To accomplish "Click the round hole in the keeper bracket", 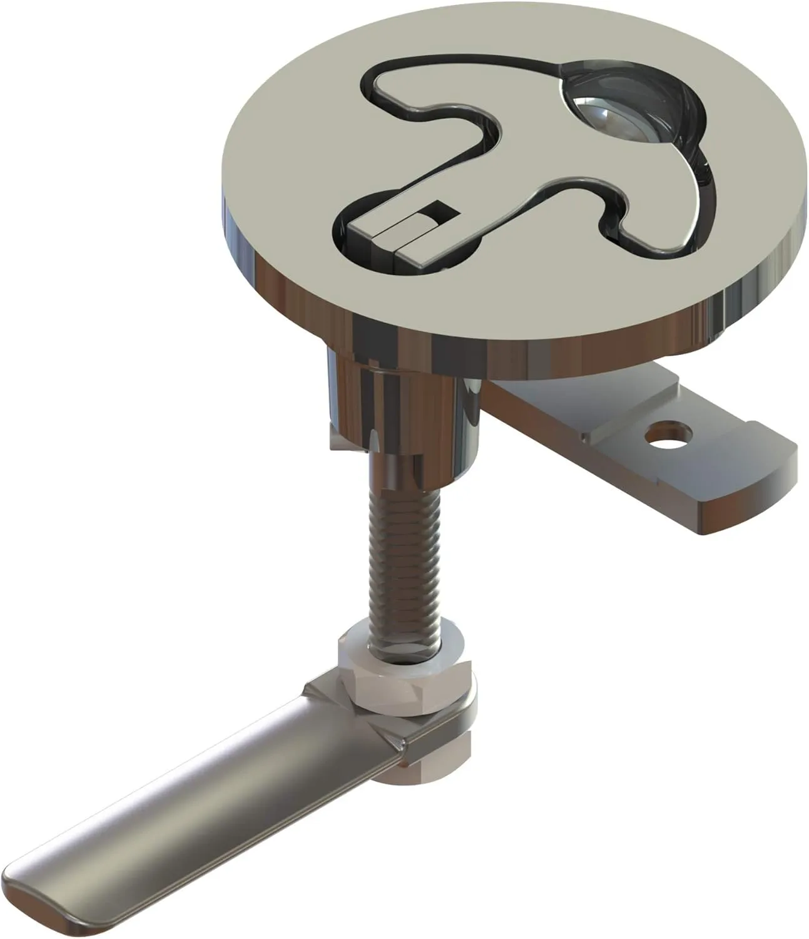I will pyautogui.click(x=670, y=432).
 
